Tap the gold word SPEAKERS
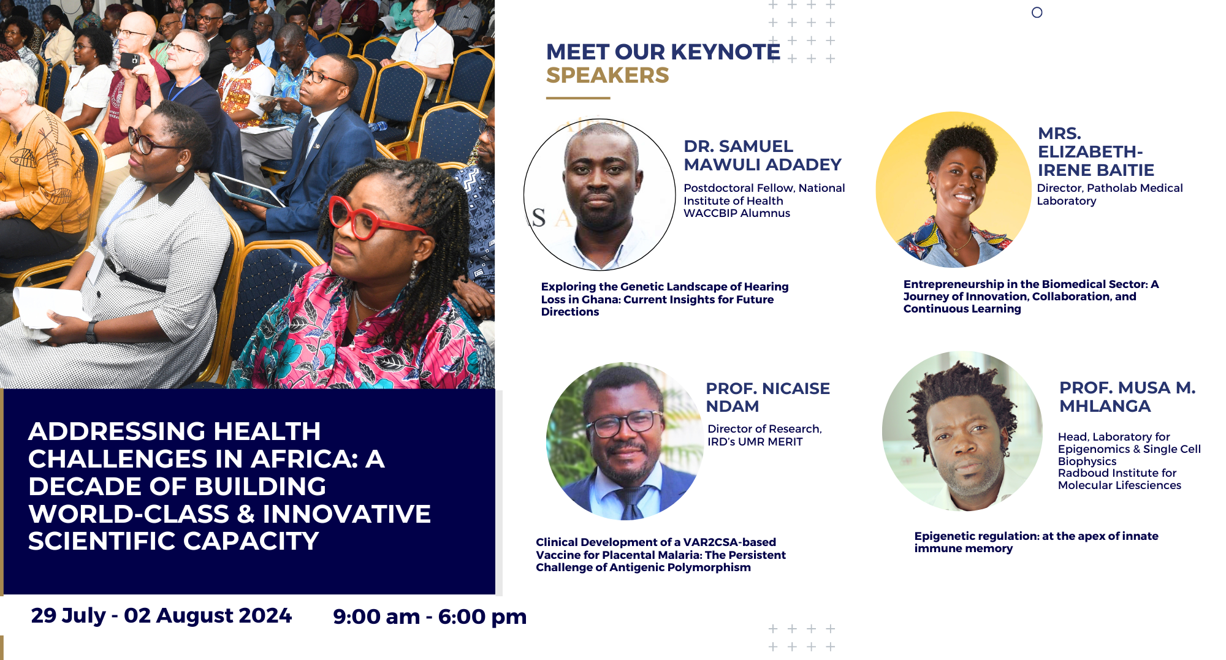pos(607,75)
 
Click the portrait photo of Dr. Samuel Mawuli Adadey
pos(600,194)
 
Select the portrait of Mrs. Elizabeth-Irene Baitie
pos(953,189)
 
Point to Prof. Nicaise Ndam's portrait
pos(625,441)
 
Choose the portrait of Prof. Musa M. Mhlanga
pos(962,431)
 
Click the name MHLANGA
pos(1105,406)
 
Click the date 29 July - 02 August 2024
pos(161,615)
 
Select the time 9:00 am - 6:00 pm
pos(430,616)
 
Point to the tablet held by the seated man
pos(247,189)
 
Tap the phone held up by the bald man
pos(130,60)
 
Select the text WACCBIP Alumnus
pos(737,213)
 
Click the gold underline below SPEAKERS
pos(578,97)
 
